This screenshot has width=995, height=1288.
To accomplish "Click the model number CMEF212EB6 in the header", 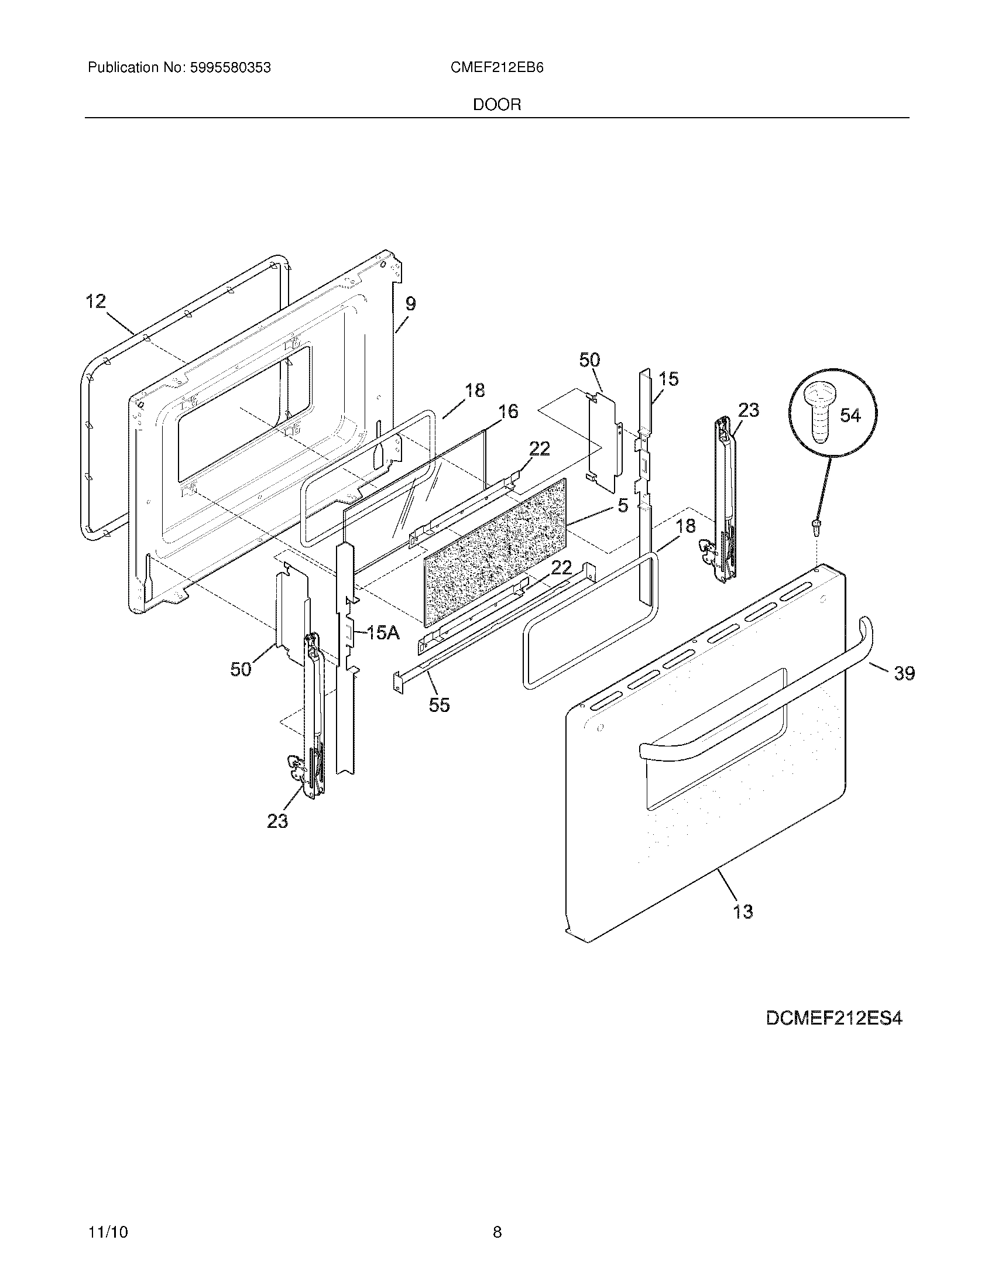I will [x=496, y=68].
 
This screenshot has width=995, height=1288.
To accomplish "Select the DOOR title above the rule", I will [x=497, y=105].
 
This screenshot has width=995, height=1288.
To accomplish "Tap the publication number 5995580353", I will [x=230, y=68].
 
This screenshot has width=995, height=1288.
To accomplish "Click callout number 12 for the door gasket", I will [x=96, y=302].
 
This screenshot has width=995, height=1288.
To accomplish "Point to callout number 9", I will [x=410, y=304].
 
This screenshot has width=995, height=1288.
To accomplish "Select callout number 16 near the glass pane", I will [x=508, y=412].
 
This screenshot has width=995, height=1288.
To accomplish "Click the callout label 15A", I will [x=383, y=633].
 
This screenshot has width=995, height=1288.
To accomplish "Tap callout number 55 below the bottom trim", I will [x=439, y=705].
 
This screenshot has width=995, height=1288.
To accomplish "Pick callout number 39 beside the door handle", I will [x=904, y=673].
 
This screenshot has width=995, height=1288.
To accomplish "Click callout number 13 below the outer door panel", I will [x=743, y=912].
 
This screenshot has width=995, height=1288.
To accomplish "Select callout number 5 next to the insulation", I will [x=623, y=505].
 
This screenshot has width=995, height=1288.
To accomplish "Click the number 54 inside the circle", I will [x=849, y=416].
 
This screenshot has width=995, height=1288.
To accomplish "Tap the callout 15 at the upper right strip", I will [x=668, y=379].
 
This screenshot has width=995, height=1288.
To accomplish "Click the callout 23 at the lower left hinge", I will [x=277, y=820].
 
